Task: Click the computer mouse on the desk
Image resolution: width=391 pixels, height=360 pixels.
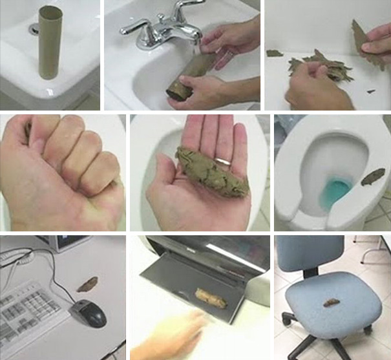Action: pyautogui.click(x=88, y=313)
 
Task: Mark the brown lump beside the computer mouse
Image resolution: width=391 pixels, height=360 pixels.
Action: pyautogui.click(x=87, y=284)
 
